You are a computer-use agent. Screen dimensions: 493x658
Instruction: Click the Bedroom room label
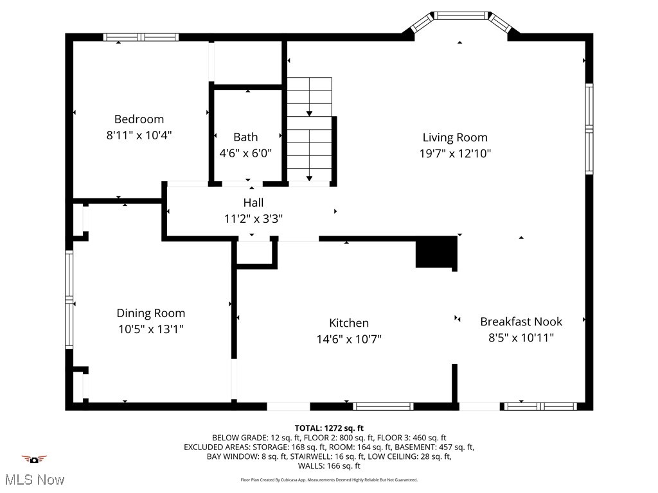click(x=139, y=119)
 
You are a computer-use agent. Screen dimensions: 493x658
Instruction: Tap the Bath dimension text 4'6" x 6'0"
click(x=245, y=153)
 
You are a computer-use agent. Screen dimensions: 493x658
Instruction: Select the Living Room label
click(x=455, y=137)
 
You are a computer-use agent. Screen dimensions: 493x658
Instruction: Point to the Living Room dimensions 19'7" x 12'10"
click(x=455, y=153)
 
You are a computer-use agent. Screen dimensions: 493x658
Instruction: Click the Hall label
click(x=253, y=202)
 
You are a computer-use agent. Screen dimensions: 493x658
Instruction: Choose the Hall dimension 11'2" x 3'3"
click(x=253, y=219)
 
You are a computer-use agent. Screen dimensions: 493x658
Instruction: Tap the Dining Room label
click(x=150, y=313)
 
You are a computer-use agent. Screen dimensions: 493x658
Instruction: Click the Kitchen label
click(x=349, y=323)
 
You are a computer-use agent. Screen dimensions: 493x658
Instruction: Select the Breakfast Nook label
click(x=521, y=322)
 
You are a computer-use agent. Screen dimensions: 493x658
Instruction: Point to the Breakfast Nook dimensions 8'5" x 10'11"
click(x=521, y=338)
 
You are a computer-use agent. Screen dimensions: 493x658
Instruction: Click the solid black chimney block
click(x=436, y=252)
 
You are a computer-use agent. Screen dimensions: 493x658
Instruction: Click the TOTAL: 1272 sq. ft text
click(x=329, y=428)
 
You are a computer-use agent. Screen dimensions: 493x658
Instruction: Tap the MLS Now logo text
click(x=33, y=479)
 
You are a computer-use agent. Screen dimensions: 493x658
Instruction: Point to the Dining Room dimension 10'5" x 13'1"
click(x=150, y=329)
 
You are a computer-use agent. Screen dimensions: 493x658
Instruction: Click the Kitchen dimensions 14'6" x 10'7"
click(x=349, y=339)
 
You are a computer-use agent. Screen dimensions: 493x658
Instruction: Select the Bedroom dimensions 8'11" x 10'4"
click(x=139, y=135)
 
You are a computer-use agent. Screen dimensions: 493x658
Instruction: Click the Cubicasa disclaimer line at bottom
click(x=329, y=480)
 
